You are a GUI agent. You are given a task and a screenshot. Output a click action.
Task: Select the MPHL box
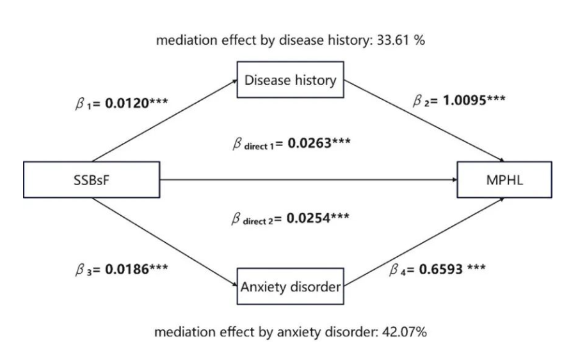click(503, 180)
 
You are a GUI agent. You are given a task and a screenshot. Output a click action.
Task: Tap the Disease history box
click(291, 80)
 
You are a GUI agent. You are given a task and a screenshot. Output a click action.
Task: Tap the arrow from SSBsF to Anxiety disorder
click(164, 240)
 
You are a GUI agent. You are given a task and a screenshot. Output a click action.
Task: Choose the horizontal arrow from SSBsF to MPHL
click(307, 180)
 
